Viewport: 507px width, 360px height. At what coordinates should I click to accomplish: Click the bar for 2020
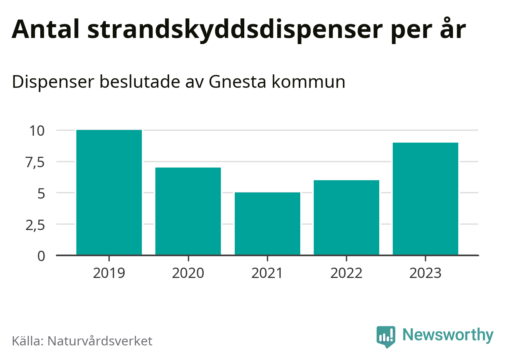[188, 211]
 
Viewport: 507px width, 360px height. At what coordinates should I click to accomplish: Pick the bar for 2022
[346, 217]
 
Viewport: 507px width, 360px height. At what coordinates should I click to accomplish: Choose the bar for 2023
[425, 199]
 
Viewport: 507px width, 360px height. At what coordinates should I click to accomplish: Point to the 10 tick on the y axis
[37, 131]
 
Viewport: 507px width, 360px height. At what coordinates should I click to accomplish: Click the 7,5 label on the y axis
[35, 162]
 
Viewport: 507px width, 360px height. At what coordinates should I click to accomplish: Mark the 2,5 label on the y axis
[35, 225]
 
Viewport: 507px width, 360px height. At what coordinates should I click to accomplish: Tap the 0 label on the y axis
[41, 256]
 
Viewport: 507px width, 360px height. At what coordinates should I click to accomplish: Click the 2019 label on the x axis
[109, 273]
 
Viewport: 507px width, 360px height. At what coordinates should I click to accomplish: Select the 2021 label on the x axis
[267, 273]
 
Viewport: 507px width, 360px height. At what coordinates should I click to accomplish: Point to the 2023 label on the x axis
[425, 273]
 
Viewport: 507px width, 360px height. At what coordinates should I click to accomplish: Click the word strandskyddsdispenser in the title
[235, 30]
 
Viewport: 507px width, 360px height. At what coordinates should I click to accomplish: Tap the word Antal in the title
[46, 29]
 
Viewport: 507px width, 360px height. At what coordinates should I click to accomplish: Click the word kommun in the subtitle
[308, 82]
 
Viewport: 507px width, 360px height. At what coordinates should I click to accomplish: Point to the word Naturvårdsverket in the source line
[100, 341]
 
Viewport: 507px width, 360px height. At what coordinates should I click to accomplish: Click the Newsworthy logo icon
[385, 337]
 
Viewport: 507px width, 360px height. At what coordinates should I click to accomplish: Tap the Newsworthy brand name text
[448, 335]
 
